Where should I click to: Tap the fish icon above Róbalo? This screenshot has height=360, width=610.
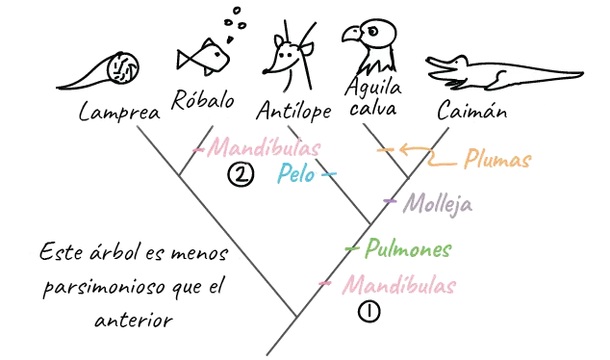[x=205, y=57]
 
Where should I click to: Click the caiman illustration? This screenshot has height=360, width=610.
[x=504, y=71]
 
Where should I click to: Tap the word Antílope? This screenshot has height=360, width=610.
[x=293, y=113]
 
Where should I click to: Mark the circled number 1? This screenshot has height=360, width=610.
[x=368, y=312]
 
